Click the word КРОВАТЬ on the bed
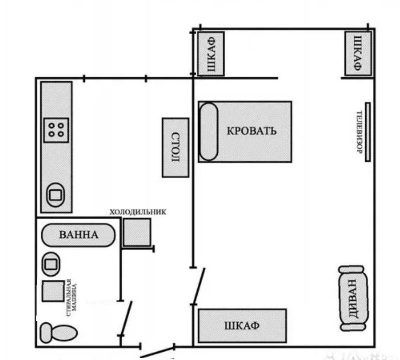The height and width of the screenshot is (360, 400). (252, 131)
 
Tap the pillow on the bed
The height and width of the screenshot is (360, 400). (209, 132)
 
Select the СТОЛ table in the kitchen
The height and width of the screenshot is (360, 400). (176, 147)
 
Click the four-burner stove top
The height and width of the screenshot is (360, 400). (56, 130)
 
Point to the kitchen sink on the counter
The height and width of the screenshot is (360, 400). (55, 195)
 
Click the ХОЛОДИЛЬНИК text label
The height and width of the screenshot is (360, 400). (138, 212)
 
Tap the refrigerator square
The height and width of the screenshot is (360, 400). (137, 232)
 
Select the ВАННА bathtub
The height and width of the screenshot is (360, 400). (78, 235)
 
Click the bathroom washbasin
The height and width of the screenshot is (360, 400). (51, 264)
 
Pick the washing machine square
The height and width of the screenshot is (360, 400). (53, 291)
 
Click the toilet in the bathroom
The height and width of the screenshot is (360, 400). (59, 333)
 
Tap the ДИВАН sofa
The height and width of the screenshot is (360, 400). (353, 299)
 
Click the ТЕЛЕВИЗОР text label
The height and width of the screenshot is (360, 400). (359, 132)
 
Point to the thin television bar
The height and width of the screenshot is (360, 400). (368, 132)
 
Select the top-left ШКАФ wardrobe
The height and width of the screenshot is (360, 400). (211, 54)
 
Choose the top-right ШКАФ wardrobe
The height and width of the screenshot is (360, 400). (358, 54)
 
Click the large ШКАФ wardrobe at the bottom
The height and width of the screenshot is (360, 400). (242, 326)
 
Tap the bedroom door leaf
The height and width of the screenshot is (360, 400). (199, 286)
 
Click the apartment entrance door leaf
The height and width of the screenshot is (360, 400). (157, 352)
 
